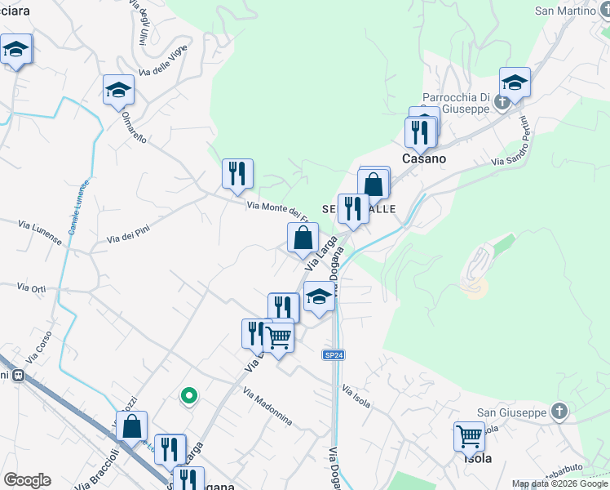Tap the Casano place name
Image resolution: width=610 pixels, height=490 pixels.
coord(424,158)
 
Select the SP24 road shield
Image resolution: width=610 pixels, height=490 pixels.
coord(332,354)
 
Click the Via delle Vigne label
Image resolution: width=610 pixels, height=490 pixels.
coord(163,62)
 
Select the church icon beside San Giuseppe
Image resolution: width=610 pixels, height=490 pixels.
coord(559,412)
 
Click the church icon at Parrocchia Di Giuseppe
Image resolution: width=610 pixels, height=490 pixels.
coord(503,102)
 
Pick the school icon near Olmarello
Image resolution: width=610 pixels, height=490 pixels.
coord(118,90)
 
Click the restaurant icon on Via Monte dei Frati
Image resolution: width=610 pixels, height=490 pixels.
coord(237,173)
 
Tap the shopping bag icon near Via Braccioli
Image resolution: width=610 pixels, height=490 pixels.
coord(131,425)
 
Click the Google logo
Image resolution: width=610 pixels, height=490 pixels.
coord(26,480)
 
